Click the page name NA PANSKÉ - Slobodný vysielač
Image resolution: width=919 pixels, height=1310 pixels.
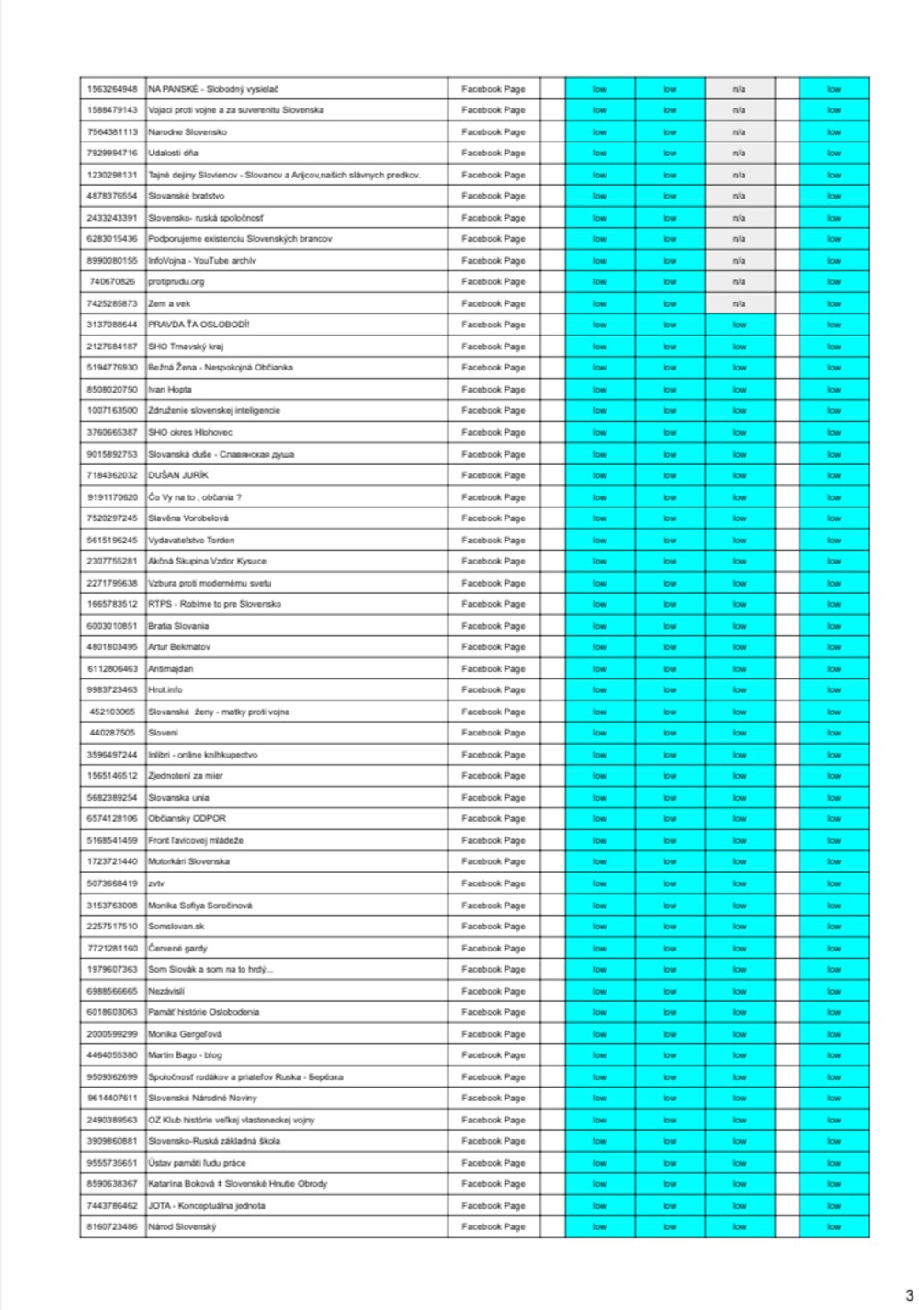click(213, 89)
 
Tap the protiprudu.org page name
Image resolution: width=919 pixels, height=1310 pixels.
click(176, 281)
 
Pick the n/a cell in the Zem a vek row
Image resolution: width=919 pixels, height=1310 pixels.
click(739, 303)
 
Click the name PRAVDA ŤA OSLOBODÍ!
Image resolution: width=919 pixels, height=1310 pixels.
click(199, 325)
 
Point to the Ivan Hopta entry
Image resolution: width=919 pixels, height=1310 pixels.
click(170, 389)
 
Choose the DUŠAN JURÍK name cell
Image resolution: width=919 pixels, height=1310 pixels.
click(178, 475)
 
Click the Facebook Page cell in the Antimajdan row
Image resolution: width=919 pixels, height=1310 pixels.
click(494, 668)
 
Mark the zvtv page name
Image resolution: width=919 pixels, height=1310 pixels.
click(156, 883)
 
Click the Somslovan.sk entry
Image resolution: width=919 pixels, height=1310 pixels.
click(176, 926)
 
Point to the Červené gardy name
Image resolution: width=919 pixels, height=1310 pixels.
click(177, 948)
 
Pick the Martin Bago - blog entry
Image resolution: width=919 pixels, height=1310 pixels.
click(185, 1054)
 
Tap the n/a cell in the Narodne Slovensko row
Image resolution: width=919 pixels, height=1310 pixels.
click(739, 131)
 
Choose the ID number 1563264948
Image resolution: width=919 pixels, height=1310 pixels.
click(112, 89)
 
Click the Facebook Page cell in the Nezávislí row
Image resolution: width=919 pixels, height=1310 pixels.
click(494, 991)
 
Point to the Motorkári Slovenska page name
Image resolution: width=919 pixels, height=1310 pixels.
click(188, 861)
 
